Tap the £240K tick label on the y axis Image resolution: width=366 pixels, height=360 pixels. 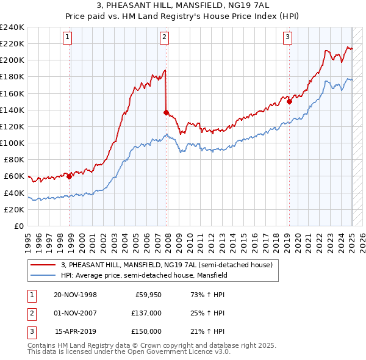point(12,27)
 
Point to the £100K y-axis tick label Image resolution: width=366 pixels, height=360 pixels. point(12,143)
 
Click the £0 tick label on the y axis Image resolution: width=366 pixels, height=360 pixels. point(18,226)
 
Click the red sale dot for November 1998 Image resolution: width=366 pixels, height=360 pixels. point(70,176)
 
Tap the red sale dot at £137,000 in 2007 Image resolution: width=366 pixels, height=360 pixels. point(167,112)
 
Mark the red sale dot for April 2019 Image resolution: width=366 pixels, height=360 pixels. point(290,102)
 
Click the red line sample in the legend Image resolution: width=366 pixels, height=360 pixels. point(43,265)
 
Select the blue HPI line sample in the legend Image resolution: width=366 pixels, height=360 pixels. point(43,275)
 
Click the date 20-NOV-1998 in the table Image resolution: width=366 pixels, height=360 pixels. point(75,295)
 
